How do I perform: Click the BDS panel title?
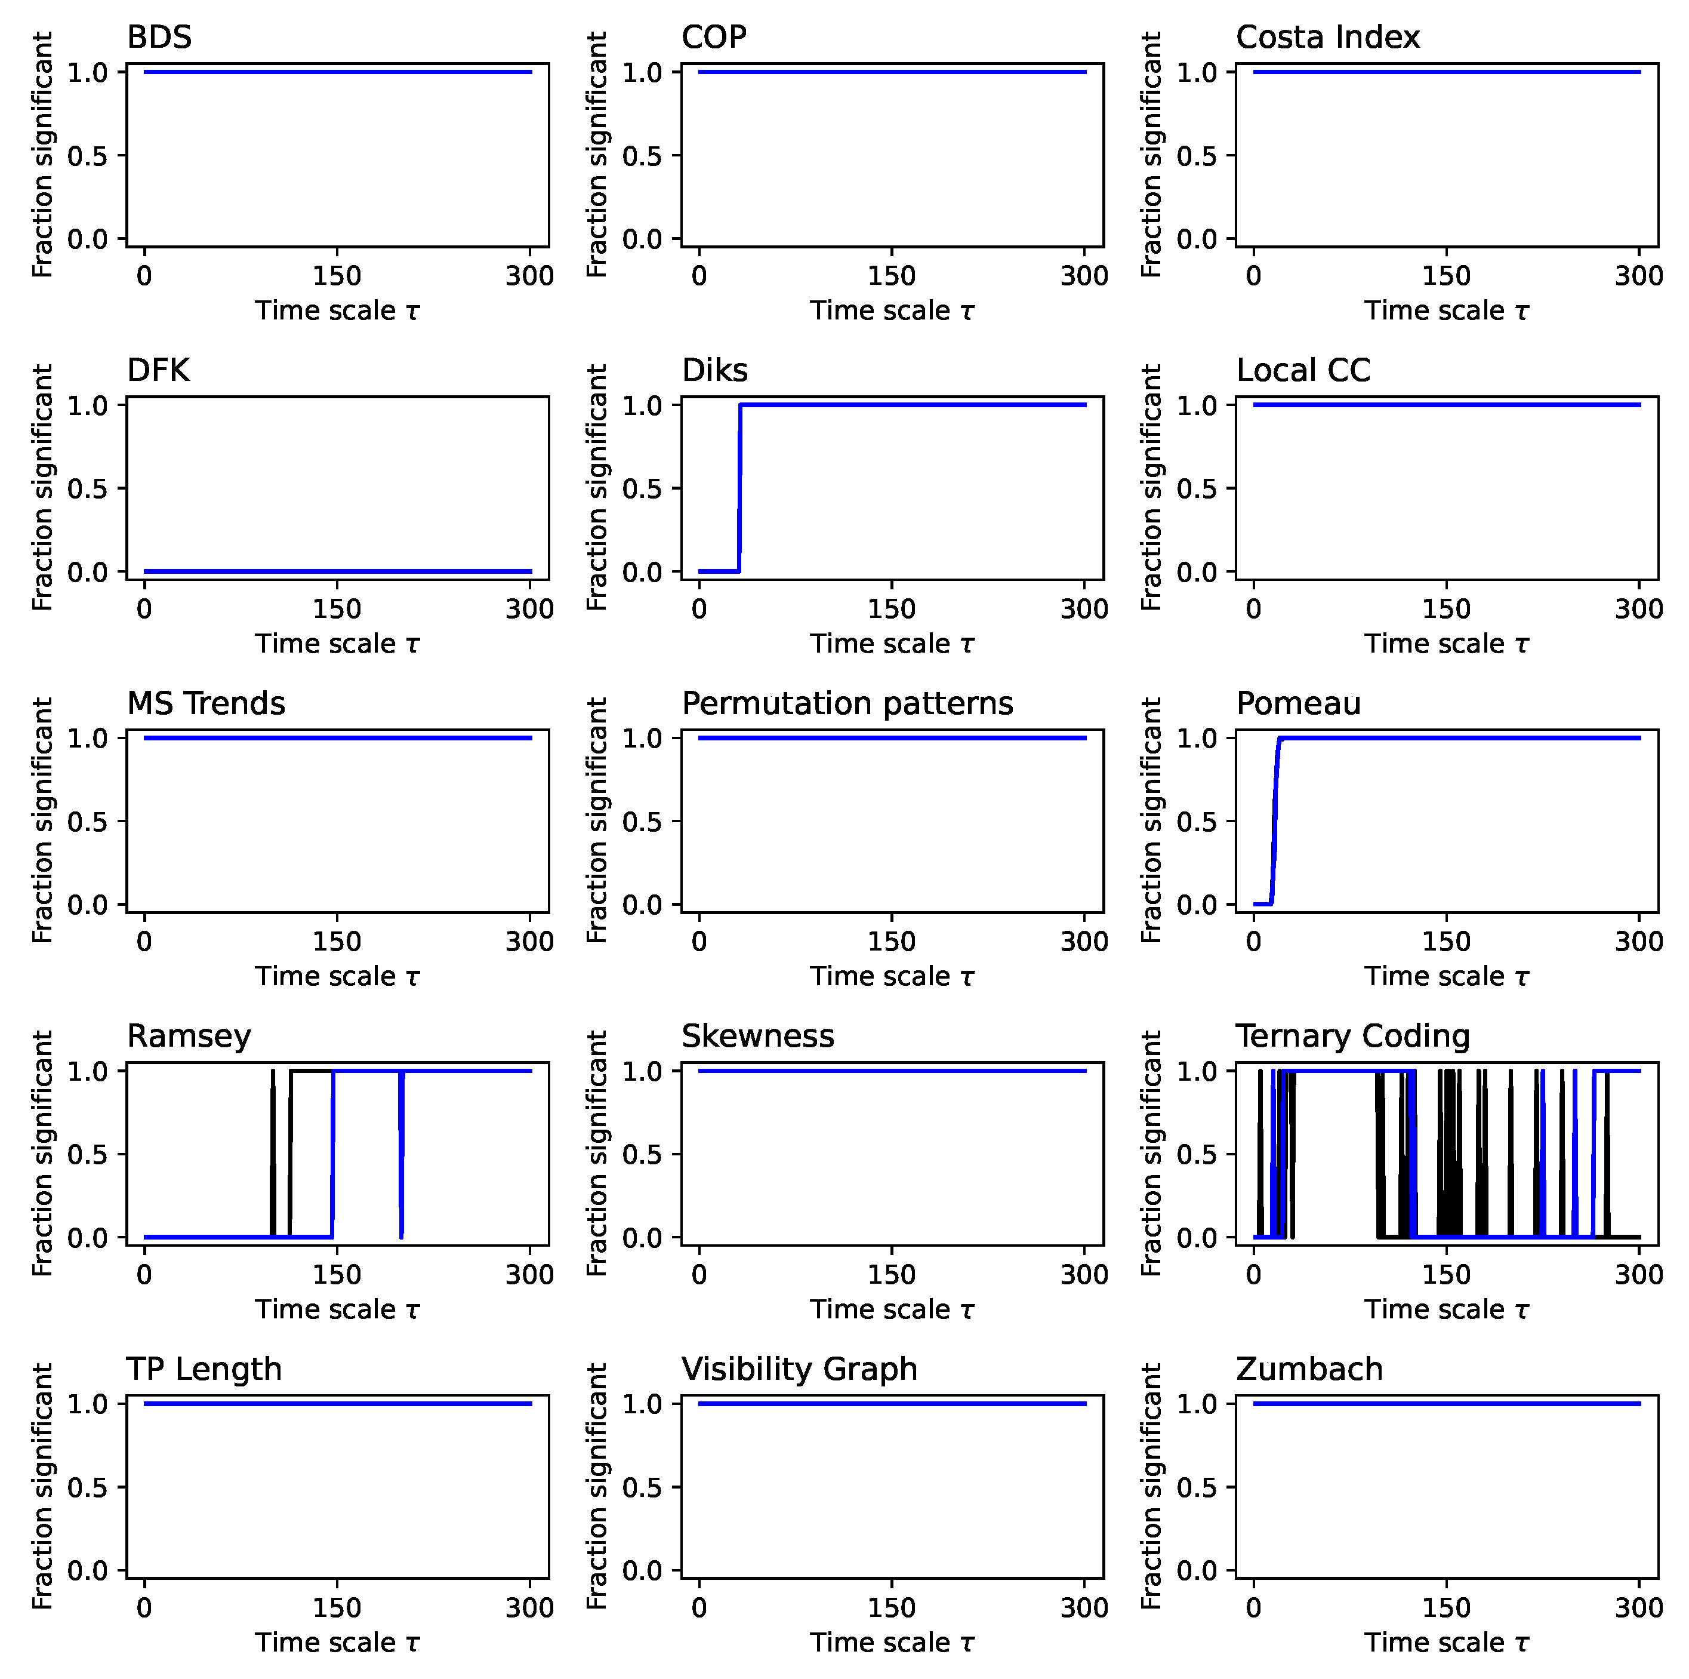(x=159, y=38)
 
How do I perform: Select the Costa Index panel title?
(x=1327, y=38)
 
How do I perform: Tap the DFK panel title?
(x=158, y=371)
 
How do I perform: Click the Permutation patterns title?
(x=847, y=703)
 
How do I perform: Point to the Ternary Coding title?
(x=1352, y=1037)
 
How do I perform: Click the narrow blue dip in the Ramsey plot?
(x=400, y=1154)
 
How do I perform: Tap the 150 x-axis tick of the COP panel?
(x=891, y=276)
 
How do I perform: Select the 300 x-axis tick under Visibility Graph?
(x=1084, y=1607)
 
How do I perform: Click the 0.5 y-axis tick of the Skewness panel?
(x=643, y=1154)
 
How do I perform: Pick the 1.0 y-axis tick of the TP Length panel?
(x=87, y=1404)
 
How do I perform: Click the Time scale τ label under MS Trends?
(x=337, y=977)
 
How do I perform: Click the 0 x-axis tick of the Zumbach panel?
(x=1254, y=1607)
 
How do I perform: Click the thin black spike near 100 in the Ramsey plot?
(x=273, y=1154)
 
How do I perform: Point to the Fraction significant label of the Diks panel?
(x=597, y=487)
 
